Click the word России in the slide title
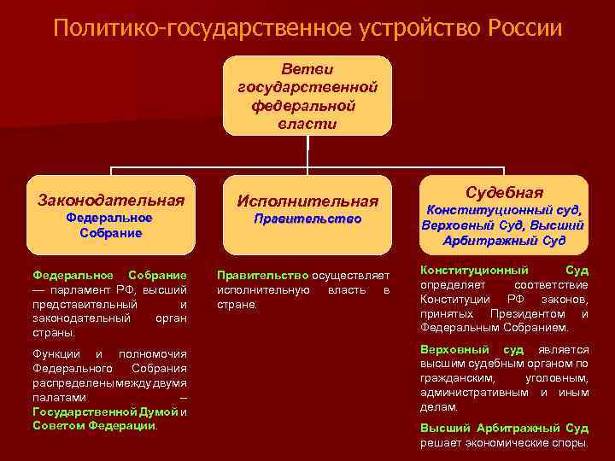click(525, 27)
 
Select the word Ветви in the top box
click(307, 67)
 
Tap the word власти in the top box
click(307, 124)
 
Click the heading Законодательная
click(111, 200)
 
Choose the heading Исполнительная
click(307, 201)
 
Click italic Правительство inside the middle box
click(307, 219)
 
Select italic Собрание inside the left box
click(110, 233)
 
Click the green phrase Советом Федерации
click(94, 425)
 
